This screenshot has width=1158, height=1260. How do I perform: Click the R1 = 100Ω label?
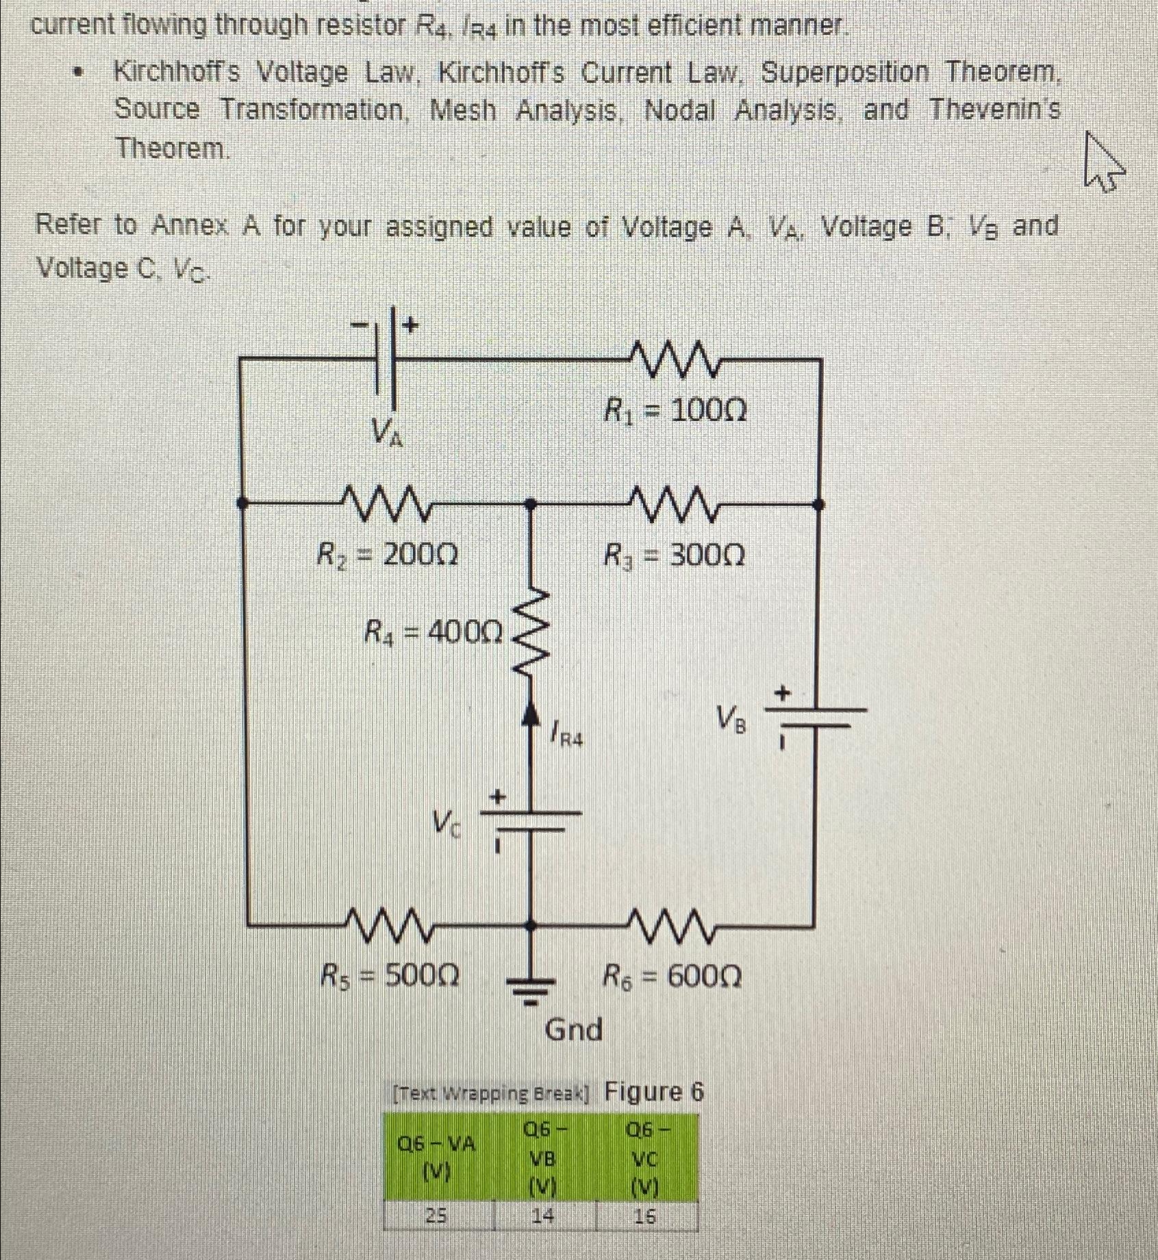[675, 412]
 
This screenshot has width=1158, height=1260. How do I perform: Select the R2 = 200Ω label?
[387, 555]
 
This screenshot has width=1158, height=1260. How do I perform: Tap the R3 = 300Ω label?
[675, 555]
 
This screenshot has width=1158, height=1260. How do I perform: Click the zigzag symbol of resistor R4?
[535, 633]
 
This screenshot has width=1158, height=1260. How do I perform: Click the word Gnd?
[574, 1029]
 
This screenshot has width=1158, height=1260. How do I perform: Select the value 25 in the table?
[437, 1215]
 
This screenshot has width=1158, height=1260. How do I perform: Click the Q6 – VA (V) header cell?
[437, 1158]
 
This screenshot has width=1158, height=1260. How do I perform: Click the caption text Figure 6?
[654, 1092]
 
